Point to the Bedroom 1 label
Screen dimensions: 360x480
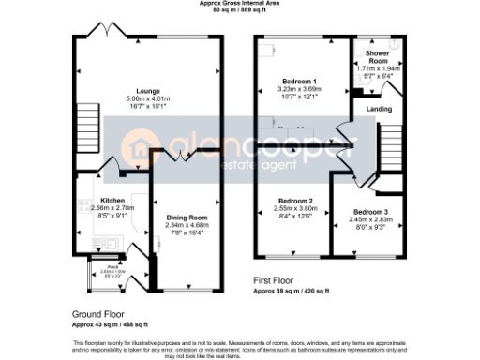pos(294,82)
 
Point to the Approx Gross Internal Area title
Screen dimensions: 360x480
pos(239,4)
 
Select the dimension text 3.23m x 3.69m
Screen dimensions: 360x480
pos(294,90)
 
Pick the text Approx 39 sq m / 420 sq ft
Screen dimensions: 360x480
pos(292,291)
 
